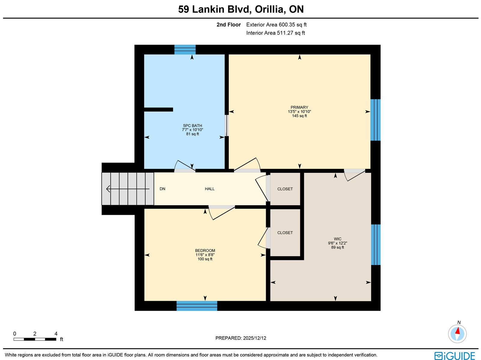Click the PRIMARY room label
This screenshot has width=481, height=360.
299,107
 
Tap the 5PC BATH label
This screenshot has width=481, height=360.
192,126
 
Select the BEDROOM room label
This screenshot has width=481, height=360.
205,251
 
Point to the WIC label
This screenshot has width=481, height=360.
338,239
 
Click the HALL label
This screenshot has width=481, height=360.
210,189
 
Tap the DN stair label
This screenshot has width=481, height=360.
162,189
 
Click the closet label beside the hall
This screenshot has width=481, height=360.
285,189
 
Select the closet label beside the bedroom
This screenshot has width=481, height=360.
285,233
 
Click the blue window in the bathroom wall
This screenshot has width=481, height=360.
185,50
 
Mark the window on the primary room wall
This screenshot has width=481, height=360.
375,120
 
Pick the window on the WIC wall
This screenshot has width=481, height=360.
375,245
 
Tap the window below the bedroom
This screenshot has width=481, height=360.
197,306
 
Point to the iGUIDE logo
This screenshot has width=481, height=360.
455,355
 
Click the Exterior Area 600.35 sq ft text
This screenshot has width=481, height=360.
276,25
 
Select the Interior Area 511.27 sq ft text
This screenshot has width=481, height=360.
275,33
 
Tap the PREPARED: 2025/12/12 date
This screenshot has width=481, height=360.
240,338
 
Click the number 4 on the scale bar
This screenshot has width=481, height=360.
56,334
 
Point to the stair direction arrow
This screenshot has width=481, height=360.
128,189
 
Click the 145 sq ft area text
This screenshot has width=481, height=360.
299,116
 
